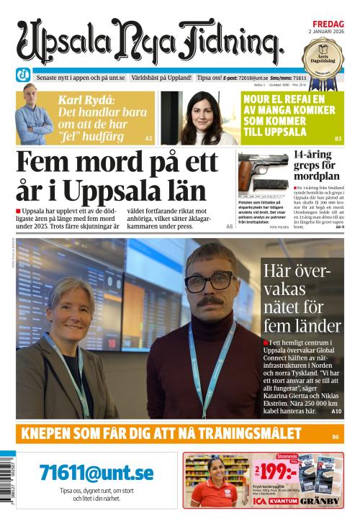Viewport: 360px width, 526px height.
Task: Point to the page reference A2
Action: coord(149,137)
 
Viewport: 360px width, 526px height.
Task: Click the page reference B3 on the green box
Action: coord(338,138)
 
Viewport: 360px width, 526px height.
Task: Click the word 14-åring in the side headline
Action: coord(313,154)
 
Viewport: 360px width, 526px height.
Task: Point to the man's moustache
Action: coord(210,300)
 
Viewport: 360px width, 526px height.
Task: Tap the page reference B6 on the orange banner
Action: coord(336,436)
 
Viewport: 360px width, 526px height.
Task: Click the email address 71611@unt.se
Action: coord(96,473)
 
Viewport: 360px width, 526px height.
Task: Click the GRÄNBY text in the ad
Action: coord(320,501)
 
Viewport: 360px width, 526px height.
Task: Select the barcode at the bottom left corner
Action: coord(7,490)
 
